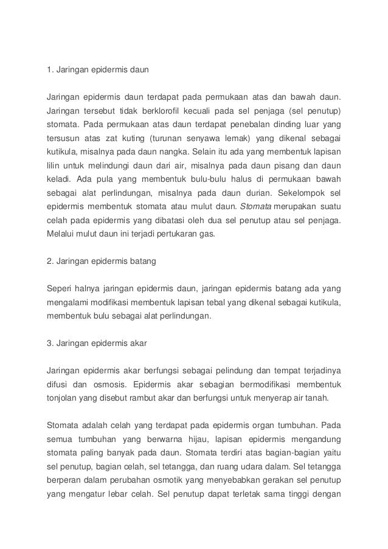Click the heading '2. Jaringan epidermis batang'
[102, 261]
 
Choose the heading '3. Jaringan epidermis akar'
[97, 342]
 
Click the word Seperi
[61, 289]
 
